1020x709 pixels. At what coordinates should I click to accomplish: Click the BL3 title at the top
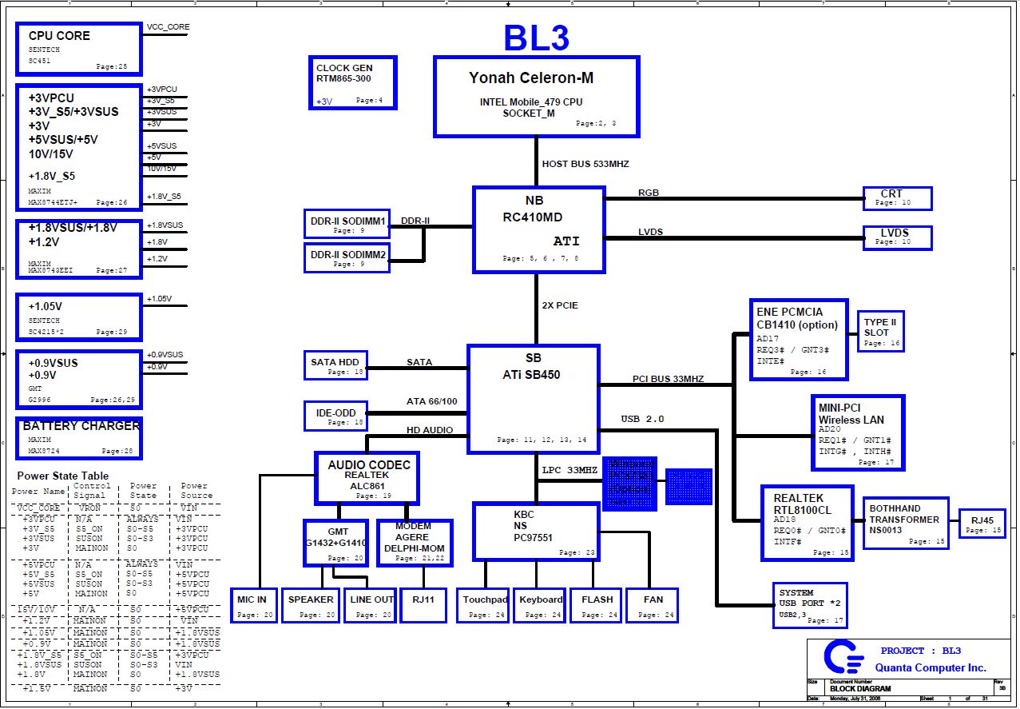coord(536,37)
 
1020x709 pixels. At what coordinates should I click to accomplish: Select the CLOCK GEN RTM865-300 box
coord(352,83)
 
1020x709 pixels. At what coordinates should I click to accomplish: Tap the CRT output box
coord(897,198)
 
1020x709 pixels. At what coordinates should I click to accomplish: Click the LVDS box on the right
coord(897,237)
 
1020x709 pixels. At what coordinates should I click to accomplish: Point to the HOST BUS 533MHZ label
coord(585,164)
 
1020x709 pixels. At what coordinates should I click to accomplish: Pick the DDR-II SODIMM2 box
coord(347,257)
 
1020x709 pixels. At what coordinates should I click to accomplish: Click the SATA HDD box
coord(335,366)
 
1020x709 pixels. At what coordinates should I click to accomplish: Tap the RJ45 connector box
coord(982,524)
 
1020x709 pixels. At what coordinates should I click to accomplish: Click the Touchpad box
coord(484,605)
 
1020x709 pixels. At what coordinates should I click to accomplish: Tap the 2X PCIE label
coord(560,305)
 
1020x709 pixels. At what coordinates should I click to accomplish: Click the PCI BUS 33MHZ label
coord(668,379)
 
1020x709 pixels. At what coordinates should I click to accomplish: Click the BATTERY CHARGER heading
coord(81,426)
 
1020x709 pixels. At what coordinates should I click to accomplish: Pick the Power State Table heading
coord(63,476)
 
